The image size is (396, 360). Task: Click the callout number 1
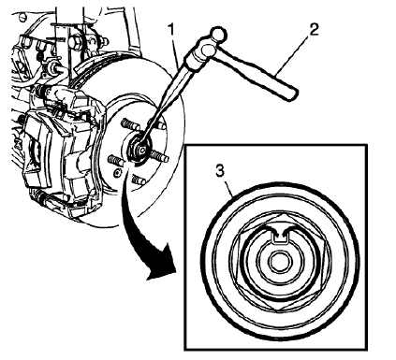click(171, 29)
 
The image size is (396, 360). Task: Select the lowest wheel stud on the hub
click(137, 178)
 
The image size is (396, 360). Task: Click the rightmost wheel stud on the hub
click(160, 156)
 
